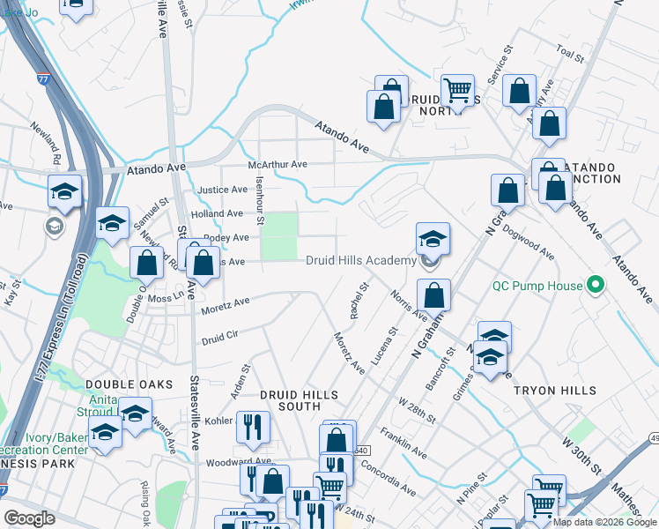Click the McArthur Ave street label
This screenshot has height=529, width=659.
tap(277, 164)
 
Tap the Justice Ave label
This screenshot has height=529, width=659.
tap(222, 190)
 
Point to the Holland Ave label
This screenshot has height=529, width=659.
tap(216, 213)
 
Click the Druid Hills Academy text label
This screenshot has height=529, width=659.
tap(360, 260)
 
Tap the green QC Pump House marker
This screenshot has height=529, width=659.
tap(595, 286)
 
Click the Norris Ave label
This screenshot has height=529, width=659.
tap(409, 305)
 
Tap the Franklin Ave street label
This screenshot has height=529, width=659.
tap(404, 444)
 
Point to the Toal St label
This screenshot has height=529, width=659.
tap(571, 55)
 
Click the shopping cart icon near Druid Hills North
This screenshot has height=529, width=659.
tap(457, 90)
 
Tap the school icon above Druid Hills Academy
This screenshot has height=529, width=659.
tap(433, 239)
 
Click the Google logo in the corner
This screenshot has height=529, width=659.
tap(30, 518)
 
